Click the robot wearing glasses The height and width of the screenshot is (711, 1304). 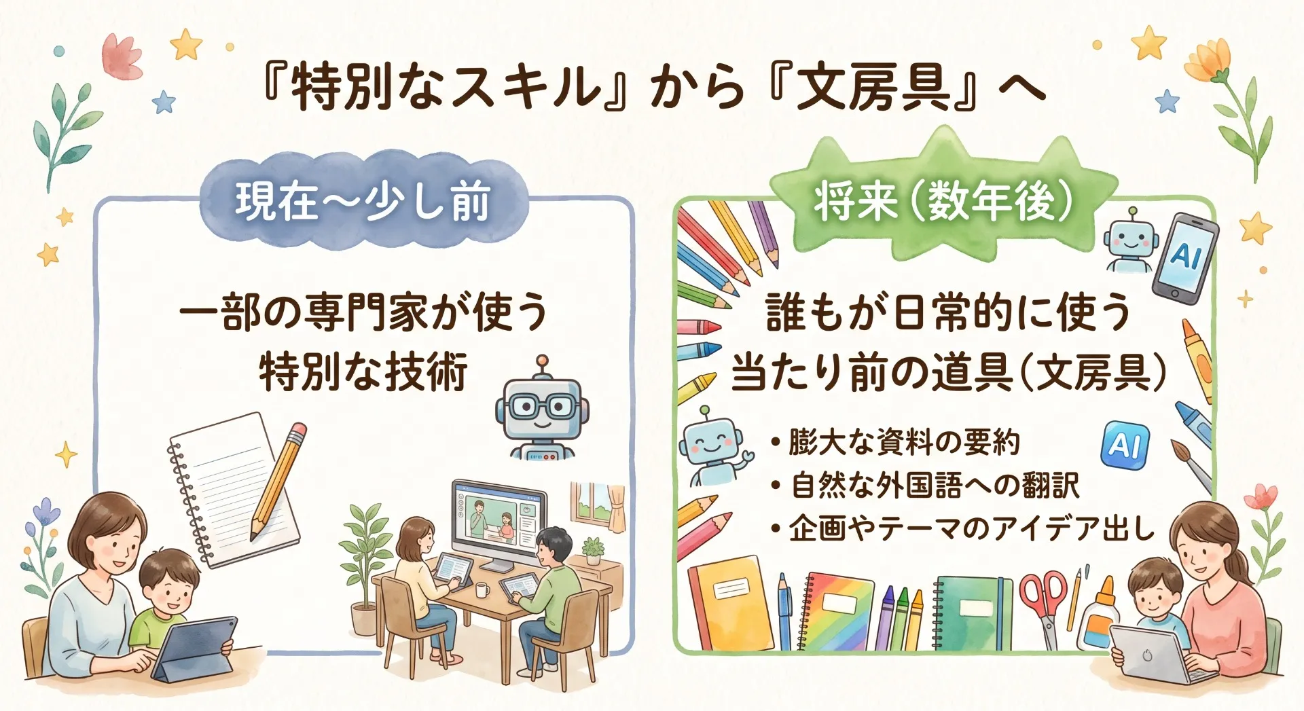click(542, 410)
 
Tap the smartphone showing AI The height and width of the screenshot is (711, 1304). click(1185, 255)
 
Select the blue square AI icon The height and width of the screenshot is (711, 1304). click(1125, 445)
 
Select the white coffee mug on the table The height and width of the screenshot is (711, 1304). click(482, 589)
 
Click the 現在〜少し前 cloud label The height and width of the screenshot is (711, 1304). click(363, 202)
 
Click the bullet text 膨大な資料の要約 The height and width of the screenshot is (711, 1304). click(896, 442)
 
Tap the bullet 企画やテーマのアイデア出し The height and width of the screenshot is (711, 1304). click(962, 528)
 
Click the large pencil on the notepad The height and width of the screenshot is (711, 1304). click(279, 479)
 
